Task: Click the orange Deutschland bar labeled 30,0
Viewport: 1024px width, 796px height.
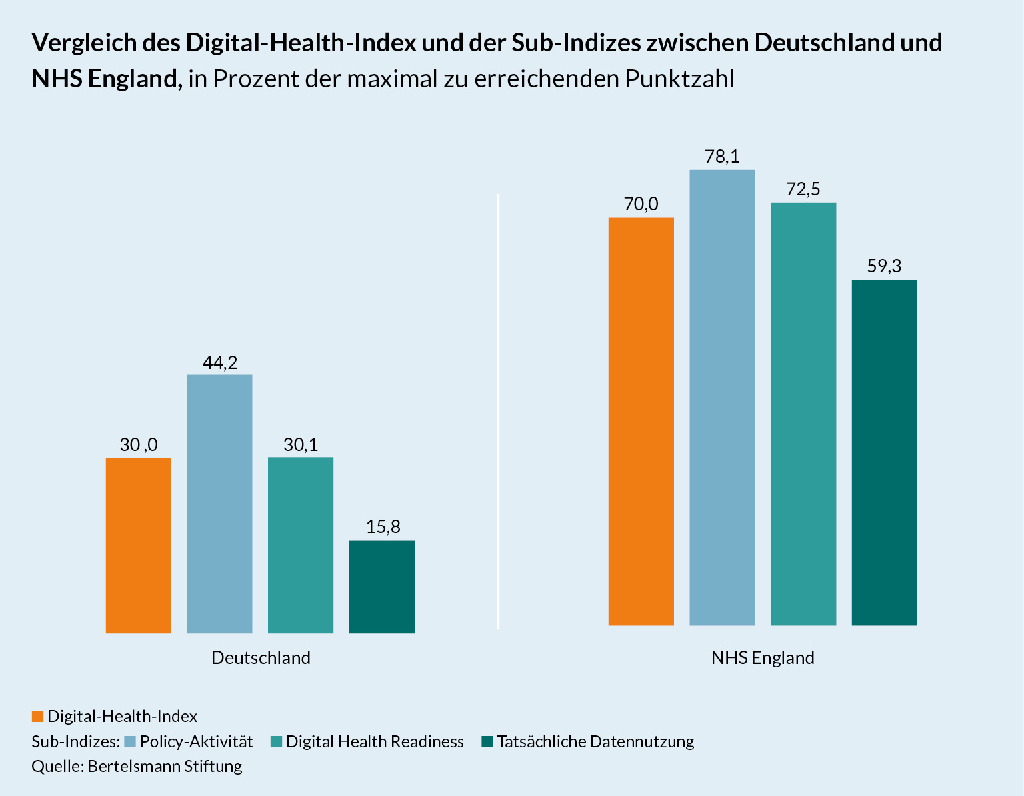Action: click(x=139, y=545)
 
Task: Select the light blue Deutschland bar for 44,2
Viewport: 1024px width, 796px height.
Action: click(x=219, y=504)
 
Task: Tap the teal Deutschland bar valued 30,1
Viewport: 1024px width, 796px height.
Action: click(x=301, y=545)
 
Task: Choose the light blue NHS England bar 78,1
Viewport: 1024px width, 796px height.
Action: click(x=722, y=398)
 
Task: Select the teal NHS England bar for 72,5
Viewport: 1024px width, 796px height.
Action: click(x=803, y=414)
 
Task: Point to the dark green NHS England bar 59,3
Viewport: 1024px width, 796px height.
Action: click(x=885, y=452)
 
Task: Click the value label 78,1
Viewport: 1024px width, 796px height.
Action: click(x=722, y=157)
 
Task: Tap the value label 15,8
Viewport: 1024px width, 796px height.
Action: click(x=383, y=527)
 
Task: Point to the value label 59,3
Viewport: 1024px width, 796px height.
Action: click(x=885, y=266)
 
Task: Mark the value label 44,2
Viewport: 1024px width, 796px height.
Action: click(x=220, y=362)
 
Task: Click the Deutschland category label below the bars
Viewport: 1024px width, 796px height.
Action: click(x=261, y=658)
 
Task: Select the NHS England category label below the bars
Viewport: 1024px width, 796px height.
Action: click(x=763, y=658)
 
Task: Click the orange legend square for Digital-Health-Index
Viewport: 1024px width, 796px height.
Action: click(x=37, y=717)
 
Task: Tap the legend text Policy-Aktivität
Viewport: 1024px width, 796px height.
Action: click(x=196, y=741)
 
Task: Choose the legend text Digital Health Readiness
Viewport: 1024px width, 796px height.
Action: click(x=375, y=741)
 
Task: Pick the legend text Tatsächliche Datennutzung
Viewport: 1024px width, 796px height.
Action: click(x=595, y=741)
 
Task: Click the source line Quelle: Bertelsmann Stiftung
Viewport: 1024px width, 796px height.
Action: click(x=137, y=766)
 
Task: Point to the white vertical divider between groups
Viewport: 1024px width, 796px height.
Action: click(x=498, y=410)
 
